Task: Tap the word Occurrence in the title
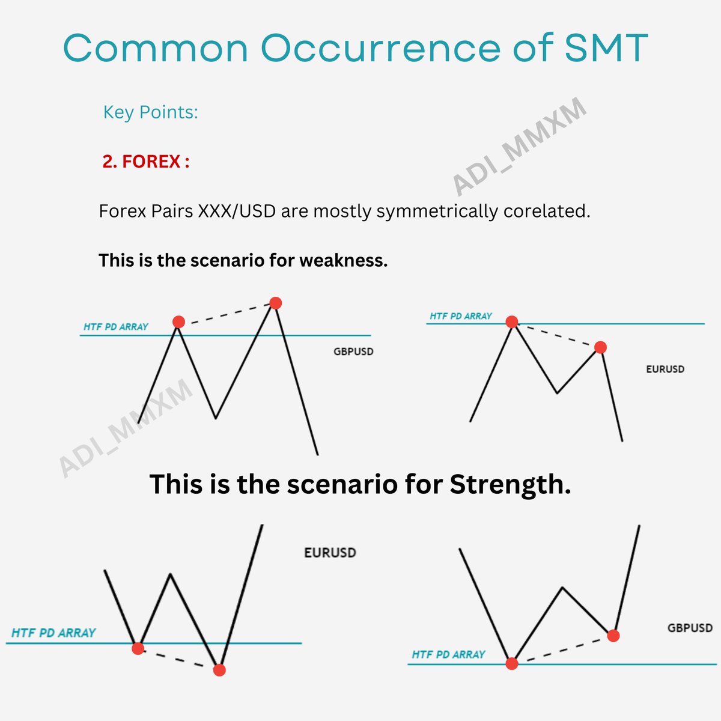pos(380,48)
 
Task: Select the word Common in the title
pos(156,48)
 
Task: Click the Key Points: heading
pos(150,112)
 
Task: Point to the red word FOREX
pos(151,162)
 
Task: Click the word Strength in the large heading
pos(510,484)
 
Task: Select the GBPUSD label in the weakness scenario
pos(353,351)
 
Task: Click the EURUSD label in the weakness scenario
pos(665,369)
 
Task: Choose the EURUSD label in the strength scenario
pos(330,552)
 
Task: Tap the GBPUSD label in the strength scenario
pos(690,628)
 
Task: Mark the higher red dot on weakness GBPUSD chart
pos(275,303)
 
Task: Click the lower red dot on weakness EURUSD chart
pos(600,347)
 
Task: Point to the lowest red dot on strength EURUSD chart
pos(219,669)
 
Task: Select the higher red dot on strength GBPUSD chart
pos(613,636)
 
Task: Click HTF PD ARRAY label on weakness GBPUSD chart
pos(116,327)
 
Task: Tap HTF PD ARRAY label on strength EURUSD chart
pos(53,633)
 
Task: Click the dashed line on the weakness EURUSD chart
pos(556,335)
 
